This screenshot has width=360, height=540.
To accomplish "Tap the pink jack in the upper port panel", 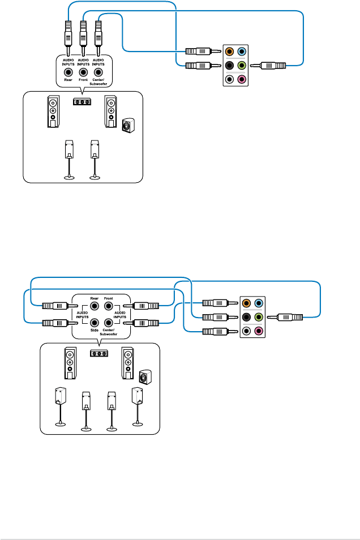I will tap(242, 79).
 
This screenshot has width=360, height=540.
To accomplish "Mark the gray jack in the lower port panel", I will tap(246, 331).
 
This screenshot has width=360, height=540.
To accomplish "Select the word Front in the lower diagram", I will tap(109, 298).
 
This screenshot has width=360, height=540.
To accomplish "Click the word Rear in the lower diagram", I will tap(94, 298).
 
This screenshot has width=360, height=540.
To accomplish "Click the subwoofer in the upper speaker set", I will tap(128, 125).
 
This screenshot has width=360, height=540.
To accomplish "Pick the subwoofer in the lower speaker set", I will tap(145, 376).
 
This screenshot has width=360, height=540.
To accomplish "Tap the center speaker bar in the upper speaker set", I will tap(82, 102).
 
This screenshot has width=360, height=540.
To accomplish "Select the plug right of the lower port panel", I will tap(289, 317).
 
